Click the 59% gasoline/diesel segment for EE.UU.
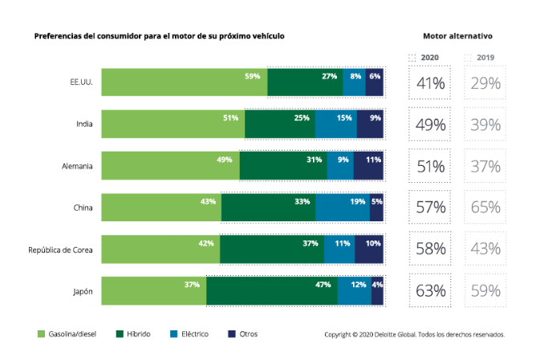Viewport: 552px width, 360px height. (x=185, y=83)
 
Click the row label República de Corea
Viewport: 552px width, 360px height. (x=60, y=249)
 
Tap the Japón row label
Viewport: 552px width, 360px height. (x=82, y=291)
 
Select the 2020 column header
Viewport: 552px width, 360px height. (x=429, y=58)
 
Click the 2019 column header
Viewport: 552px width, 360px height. (x=485, y=58)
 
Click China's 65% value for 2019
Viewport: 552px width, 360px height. (x=485, y=208)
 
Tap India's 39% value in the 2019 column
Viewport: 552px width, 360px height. (x=485, y=124)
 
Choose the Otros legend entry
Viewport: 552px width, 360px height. (x=242, y=334)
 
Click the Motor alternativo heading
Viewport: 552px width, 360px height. (x=457, y=37)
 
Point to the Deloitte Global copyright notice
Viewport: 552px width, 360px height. (x=414, y=334)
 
